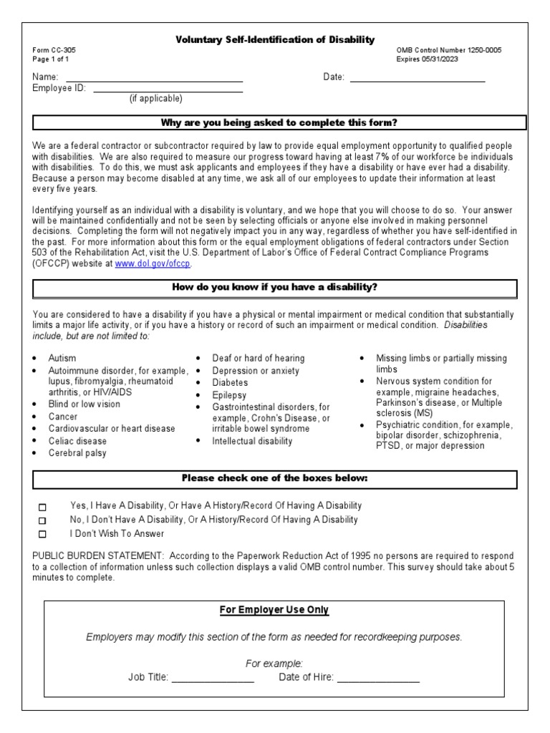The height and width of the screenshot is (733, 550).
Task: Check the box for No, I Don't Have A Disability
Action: click(42, 520)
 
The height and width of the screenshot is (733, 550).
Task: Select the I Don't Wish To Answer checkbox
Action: click(42, 534)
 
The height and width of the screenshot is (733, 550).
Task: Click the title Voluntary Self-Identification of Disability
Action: click(275, 40)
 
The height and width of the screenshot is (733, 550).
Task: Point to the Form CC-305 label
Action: click(54, 50)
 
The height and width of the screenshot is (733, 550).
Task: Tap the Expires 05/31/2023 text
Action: click(428, 59)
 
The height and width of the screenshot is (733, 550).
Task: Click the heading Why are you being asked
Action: click(279, 122)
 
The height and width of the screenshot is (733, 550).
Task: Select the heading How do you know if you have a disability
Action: click(275, 288)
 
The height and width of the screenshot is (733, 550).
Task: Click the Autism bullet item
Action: click(62, 358)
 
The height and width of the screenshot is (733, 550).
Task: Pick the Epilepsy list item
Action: click(229, 395)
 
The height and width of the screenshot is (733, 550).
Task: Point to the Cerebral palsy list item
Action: click(77, 453)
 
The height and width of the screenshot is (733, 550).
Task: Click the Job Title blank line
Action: click(213, 677)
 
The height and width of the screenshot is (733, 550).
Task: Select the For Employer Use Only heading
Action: click(274, 610)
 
